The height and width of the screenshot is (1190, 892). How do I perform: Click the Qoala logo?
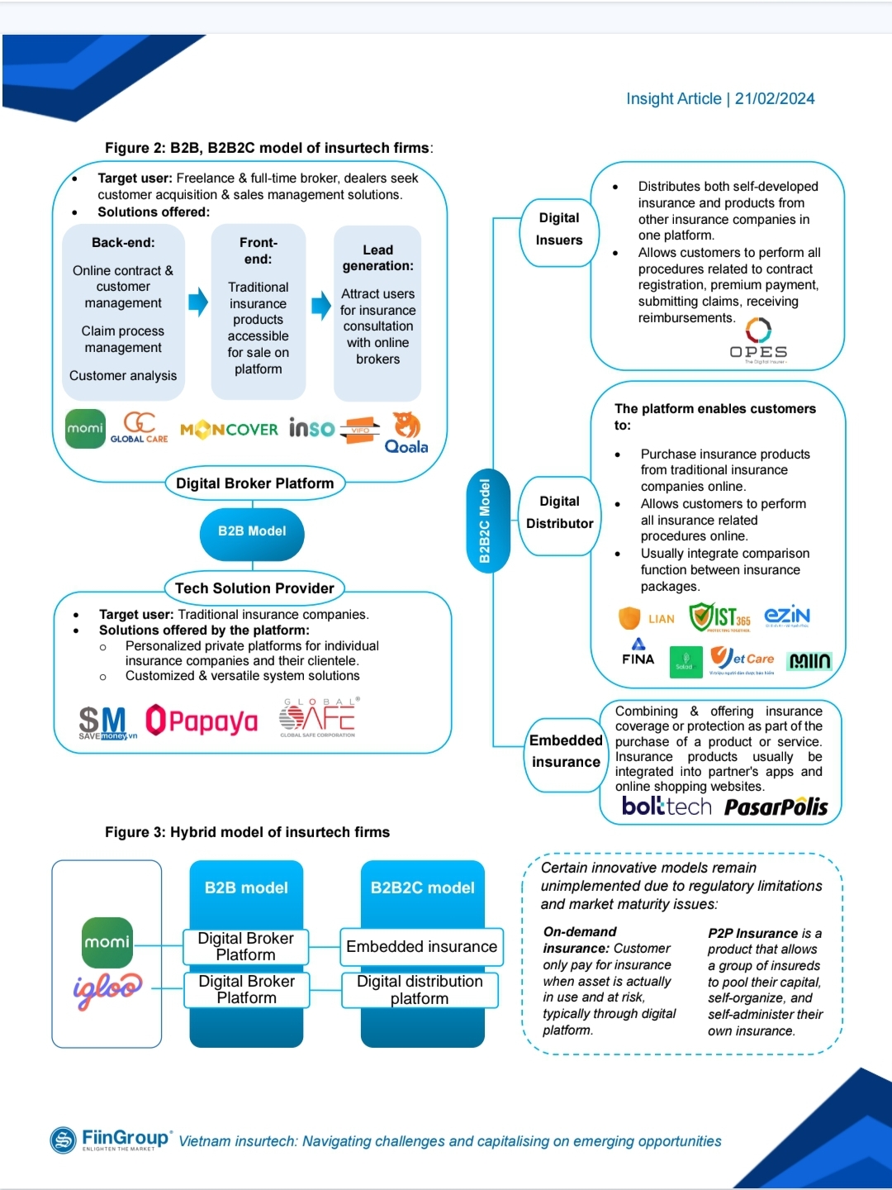tap(406, 433)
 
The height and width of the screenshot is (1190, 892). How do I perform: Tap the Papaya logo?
tap(202, 721)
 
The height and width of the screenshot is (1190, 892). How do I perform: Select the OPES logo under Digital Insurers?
tap(758, 340)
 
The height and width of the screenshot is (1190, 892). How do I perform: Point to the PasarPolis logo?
tap(776, 807)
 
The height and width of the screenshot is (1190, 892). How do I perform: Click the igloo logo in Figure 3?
tap(107, 989)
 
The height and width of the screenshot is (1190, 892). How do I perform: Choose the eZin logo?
tap(786, 616)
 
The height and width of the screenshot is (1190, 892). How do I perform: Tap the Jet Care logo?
tap(742, 659)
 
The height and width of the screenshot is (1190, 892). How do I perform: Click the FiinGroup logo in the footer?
tap(111, 1140)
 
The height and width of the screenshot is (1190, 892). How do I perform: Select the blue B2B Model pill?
tap(252, 531)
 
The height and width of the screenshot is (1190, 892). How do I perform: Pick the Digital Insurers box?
tap(559, 230)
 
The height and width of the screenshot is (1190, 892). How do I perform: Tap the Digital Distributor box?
tap(559, 512)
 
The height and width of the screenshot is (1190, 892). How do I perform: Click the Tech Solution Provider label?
tap(254, 588)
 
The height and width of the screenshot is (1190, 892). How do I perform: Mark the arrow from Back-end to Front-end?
tap(198, 302)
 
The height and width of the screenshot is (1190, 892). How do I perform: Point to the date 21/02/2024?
tap(774, 99)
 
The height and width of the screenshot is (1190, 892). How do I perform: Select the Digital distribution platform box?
tap(420, 990)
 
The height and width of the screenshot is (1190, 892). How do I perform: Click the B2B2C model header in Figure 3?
tap(422, 888)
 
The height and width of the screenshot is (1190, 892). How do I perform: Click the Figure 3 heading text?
tap(247, 832)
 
